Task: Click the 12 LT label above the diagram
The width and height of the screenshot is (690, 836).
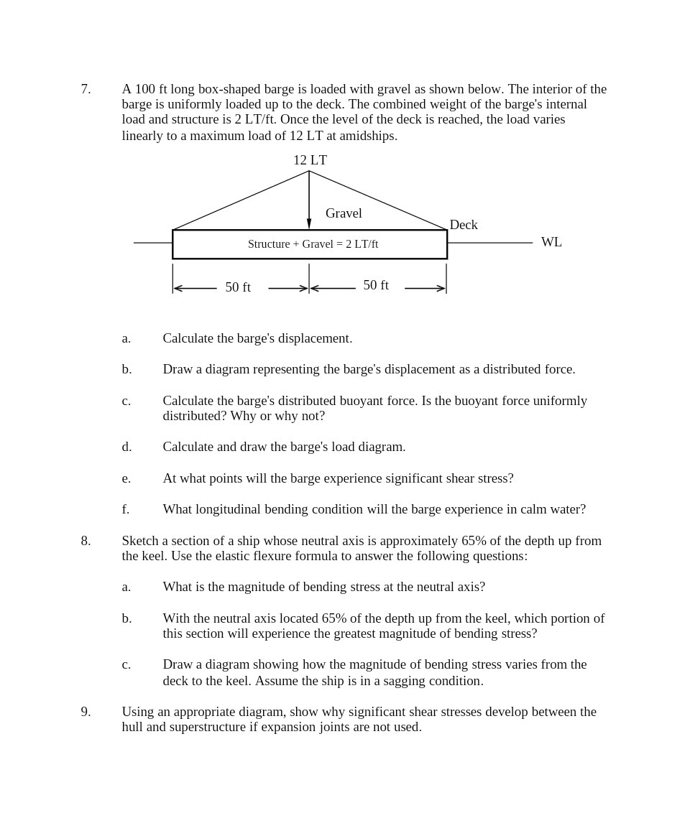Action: tap(310, 160)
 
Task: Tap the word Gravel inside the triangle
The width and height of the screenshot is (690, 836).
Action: tap(344, 213)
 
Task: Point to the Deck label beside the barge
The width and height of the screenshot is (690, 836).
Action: tap(464, 225)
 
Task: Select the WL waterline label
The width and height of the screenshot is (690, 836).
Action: tap(551, 242)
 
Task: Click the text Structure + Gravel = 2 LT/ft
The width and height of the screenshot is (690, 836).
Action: tap(313, 244)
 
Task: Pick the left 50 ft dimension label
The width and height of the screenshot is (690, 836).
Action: tap(238, 287)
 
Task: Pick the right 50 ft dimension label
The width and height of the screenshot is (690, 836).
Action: tap(376, 285)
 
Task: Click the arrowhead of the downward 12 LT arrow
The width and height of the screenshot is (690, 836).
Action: tap(309, 224)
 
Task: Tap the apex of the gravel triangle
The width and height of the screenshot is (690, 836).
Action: tap(309, 171)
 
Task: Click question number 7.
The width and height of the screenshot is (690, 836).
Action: tap(86, 89)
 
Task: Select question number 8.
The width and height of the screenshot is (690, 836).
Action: tap(86, 541)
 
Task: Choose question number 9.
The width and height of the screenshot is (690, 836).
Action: tap(86, 712)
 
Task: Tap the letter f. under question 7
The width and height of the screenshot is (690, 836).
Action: tap(126, 509)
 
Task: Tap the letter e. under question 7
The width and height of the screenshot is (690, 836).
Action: tap(126, 478)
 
